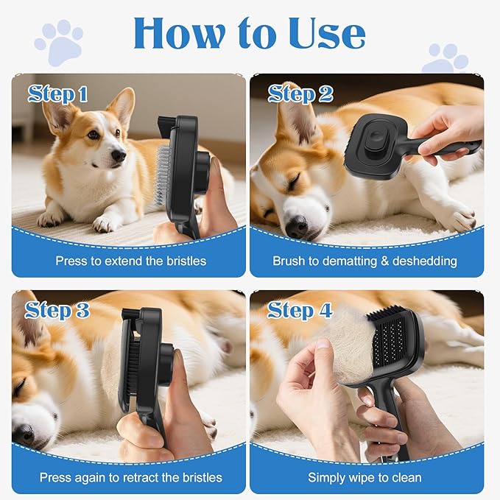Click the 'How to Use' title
click(249, 33)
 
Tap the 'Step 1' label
click(58, 94)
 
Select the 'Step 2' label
click(300, 94)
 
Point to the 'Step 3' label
click(58, 310)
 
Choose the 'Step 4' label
click(300, 310)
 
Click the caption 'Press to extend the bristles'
click(130, 261)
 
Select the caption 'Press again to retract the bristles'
click(130, 477)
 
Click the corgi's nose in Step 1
click(119, 155)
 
